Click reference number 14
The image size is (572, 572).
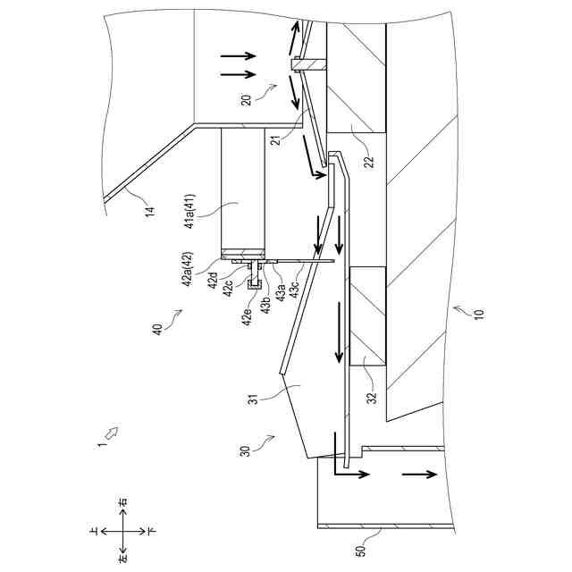(150, 211)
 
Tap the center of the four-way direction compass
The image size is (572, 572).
(122, 529)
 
